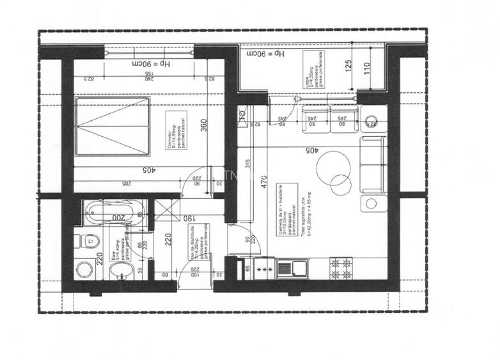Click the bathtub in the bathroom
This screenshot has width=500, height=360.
click(x=110, y=212)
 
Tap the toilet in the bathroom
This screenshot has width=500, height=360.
click(x=89, y=242)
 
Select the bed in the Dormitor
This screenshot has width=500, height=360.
click(x=113, y=126)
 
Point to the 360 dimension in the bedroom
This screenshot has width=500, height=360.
click(x=203, y=127)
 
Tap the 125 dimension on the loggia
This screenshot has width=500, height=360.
click(x=349, y=65)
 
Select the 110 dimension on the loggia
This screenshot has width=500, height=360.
click(x=366, y=68)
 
